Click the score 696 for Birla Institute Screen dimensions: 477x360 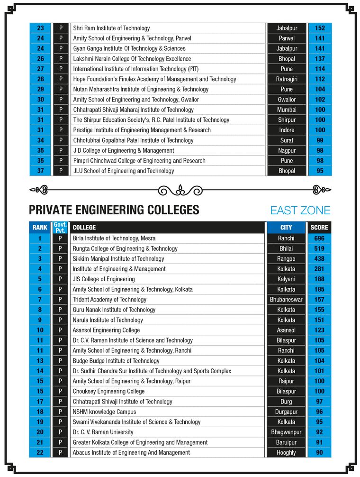[x=319, y=238]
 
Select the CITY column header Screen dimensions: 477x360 [x=286, y=228]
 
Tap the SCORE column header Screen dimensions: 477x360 [x=319, y=228]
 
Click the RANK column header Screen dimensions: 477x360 [x=40, y=228]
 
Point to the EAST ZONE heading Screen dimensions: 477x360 [x=300, y=211]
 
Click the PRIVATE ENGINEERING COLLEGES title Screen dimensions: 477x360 [x=114, y=210]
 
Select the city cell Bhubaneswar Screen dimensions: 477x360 [x=286, y=300]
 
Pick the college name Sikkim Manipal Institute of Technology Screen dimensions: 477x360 [x=118, y=259]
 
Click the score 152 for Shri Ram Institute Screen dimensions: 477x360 [x=320, y=28]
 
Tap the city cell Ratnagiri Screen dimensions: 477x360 [x=286, y=79]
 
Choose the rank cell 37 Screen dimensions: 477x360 [x=40, y=171]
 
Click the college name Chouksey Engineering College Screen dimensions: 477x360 [x=108, y=391]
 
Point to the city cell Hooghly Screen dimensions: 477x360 [x=286, y=452]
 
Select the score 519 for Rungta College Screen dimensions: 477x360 [x=319, y=248]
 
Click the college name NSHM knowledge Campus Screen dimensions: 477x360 [x=104, y=412]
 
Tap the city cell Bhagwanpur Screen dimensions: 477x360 [x=286, y=432]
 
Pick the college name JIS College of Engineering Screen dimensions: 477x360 [x=104, y=279]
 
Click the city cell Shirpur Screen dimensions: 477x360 [x=286, y=120]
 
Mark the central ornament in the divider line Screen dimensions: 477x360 [x=180, y=190]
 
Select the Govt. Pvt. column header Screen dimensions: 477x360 [x=60, y=228]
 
